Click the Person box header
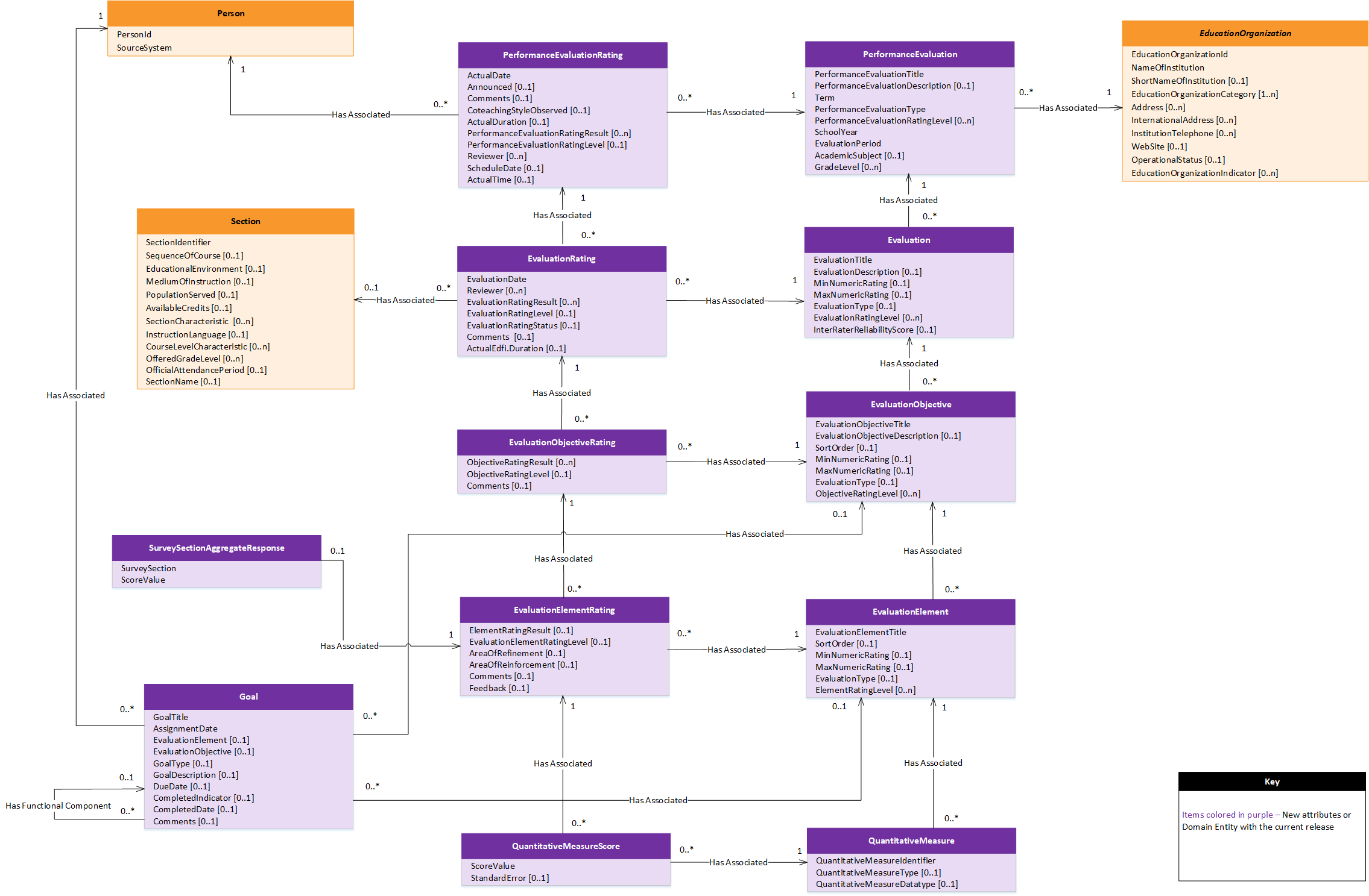[230, 13]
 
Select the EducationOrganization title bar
[1245, 33]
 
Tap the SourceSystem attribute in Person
[144, 48]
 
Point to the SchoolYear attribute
[836, 132]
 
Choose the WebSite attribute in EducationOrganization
[1159, 146]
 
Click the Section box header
[245, 221]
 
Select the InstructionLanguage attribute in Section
[197, 334]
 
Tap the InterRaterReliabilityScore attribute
[874, 330]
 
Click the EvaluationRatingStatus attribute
[523, 325]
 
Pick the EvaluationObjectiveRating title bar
[561, 442]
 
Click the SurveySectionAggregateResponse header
[216, 548]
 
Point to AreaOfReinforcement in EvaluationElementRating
[523, 665]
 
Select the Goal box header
[248, 697]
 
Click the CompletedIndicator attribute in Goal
[203, 798]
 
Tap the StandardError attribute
[510, 878]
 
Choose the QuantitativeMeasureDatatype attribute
[886, 884]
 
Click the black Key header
[1271, 782]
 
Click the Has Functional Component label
[58, 806]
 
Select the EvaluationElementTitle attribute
[860, 632]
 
